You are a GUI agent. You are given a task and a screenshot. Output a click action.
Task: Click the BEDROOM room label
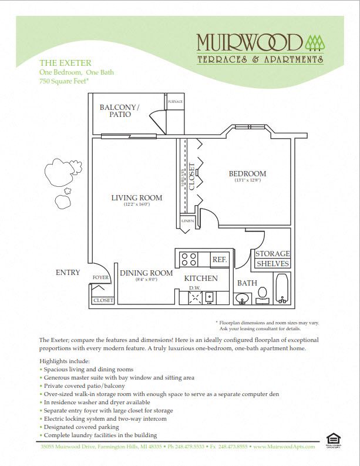pyautogui.click(x=247, y=173)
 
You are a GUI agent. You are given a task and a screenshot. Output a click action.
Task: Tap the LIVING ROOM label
pyautogui.click(x=137, y=197)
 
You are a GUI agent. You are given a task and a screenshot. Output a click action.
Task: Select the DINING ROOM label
pyautogui.click(x=146, y=273)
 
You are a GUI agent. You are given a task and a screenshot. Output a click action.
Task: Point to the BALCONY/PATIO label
pyautogui.click(x=119, y=110)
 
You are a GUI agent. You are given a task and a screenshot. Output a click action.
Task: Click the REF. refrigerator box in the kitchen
pyautogui.click(x=219, y=259)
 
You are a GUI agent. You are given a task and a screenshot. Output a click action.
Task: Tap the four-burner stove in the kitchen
pyautogui.click(x=188, y=259)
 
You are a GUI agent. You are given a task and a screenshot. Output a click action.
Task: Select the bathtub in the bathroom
pyautogui.click(x=282, y=290)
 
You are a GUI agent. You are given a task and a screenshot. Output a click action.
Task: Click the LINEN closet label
pyautogui.click(x=187, y=221)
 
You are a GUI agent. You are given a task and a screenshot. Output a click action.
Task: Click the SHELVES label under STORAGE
pyautogui.click(x=272, y=264)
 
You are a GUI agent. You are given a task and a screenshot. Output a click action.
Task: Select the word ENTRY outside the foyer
pyautogui.click(x=68, y=272)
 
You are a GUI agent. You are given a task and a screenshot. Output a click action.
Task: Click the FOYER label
pyautogui.click(x=100, y=277)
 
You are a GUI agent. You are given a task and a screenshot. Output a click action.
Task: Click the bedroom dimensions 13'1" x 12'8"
pyautogui.click(x=247, y=180)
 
